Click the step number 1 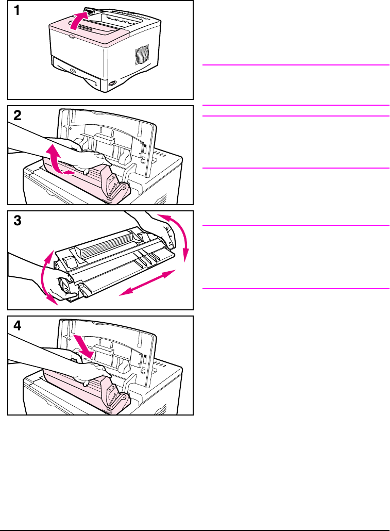point(16,10)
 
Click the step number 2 point(18,115)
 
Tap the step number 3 point(18,221)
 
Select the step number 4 point(18,326)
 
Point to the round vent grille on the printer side point(142,54)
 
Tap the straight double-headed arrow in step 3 point(148,283)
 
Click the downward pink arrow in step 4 point(83,346)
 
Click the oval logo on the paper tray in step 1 point(73,71)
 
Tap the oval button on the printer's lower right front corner point(112,83)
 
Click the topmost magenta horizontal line point(296,64)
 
